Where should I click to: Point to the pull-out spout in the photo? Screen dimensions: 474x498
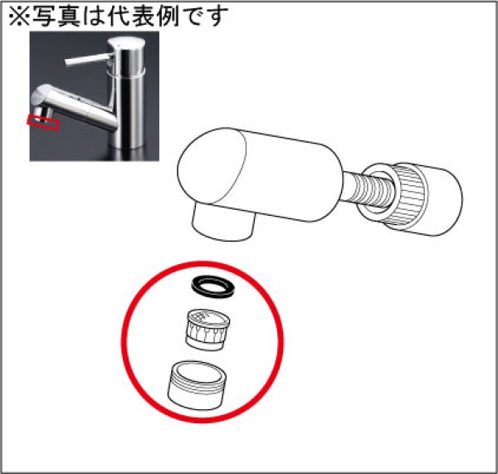pyautogui.click(x=66, y=104)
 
